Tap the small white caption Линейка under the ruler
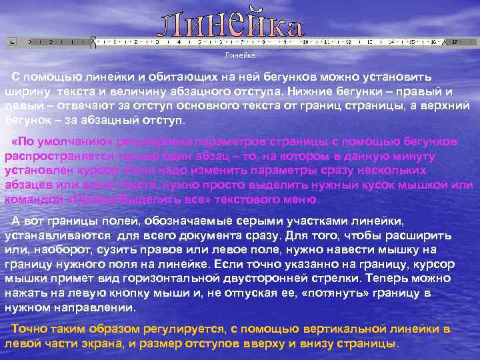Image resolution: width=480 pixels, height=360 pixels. point(235,55)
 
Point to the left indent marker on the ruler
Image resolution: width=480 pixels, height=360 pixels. point(93,43)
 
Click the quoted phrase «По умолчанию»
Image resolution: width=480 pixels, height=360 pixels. point(64,141)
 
